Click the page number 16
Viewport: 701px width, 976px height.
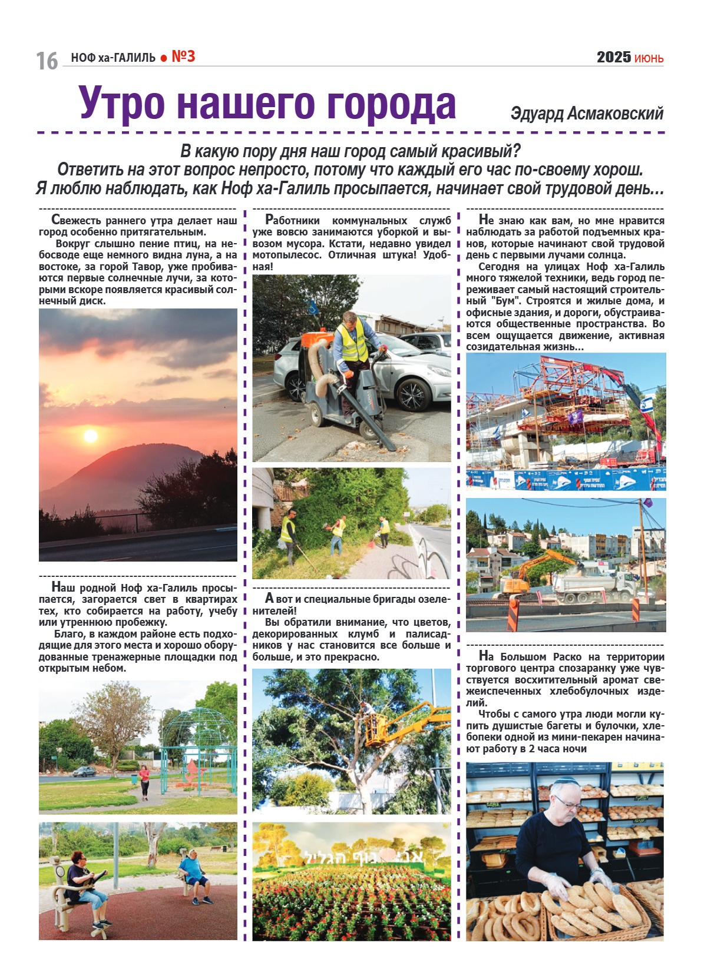click(47, 61)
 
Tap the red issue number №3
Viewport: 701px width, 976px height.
click(183, 57)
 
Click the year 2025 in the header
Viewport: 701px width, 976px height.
click(613, 57)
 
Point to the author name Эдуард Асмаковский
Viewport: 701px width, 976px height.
click(587, 113)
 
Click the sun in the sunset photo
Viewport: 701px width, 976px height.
click(90, 436)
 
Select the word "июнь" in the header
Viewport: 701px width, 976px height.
click(649, 58)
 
